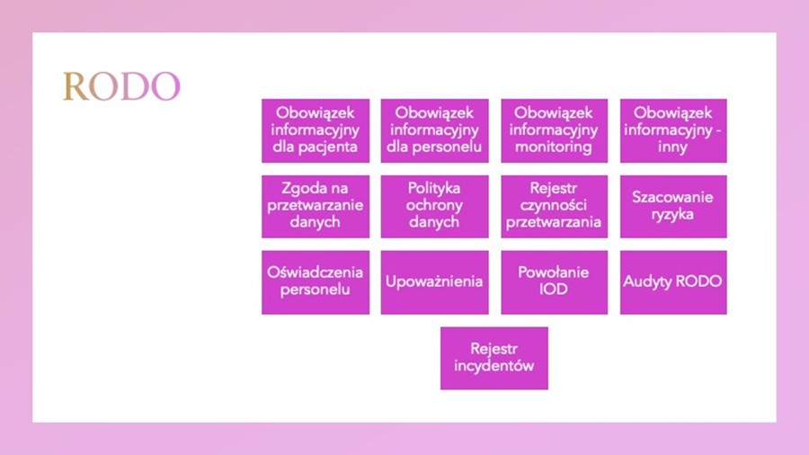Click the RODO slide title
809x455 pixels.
pos(121,86)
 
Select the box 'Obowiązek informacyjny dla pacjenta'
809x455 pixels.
pos(316,130)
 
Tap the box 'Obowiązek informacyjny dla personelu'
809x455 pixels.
pos(434,130)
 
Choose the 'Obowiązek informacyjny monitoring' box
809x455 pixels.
pos(554,130)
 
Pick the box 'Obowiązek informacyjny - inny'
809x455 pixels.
pos(673,130)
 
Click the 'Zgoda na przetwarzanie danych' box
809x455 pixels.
pos(316,206)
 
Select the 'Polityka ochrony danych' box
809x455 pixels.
pos(434,206)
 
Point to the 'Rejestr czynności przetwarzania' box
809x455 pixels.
pos(554,206)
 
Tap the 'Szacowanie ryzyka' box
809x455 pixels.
pos(673,206)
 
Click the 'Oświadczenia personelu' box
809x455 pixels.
pos(316,282)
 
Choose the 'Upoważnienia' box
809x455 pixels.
pos(434,282)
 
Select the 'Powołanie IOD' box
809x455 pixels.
pos(554,282)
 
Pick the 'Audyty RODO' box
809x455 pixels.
pos(673,282)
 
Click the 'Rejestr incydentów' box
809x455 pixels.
pos(494,358)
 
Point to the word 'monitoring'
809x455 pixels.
pos(554,147)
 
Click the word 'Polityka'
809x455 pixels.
pos(434,188)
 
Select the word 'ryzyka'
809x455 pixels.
pos(672,215)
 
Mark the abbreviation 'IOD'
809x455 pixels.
pos(554,289)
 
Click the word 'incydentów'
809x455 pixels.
pos(493,366)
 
